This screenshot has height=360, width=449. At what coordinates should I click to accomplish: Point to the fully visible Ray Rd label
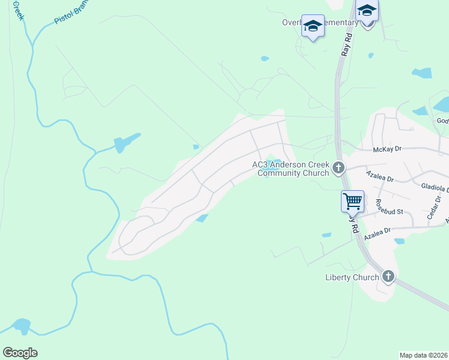click(x=346, y=45)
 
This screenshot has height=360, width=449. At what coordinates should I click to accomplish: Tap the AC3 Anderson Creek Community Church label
click(x=291, y=169)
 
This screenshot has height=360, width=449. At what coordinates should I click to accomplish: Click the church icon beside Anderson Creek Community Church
click(x=339, y=168)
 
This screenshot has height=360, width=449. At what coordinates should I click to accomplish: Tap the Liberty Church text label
click(x=352, y=277)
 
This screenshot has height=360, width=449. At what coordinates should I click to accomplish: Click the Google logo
click(x=20, y=353)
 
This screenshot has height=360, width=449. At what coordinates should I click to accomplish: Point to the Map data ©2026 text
click(x=424, y=355)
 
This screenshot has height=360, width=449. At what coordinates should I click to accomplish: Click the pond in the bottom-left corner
click(x=21, y=326)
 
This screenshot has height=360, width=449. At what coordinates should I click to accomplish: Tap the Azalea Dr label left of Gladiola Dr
click(x=379, y=178)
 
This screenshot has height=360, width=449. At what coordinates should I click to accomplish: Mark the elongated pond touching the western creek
click(x=126, y=142)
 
